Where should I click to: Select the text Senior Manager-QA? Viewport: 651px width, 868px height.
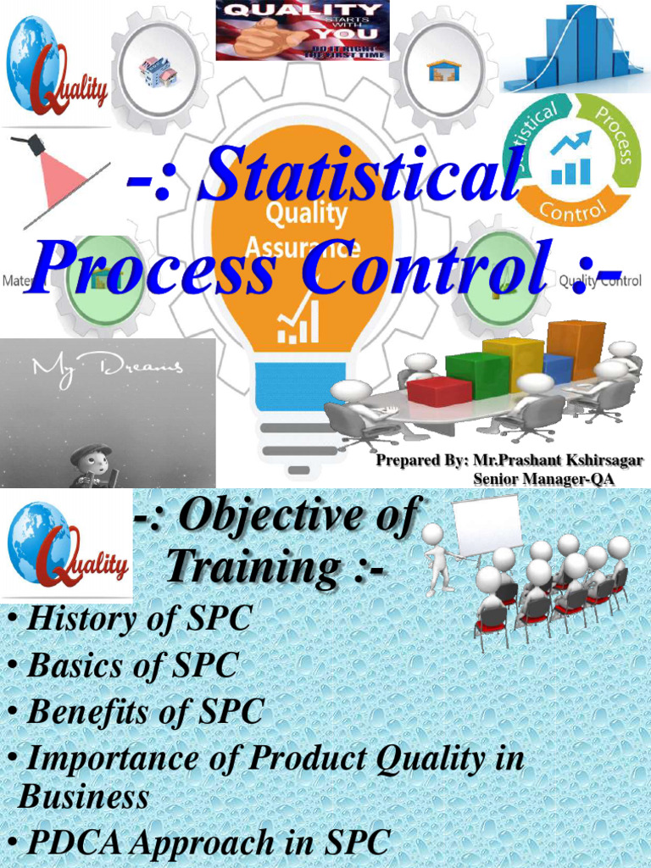click(543, 478)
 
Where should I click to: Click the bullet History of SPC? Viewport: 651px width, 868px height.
click(138, 619)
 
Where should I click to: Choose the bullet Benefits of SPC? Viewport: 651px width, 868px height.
click(145, 711)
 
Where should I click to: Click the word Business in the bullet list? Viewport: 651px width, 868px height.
click(83, 797)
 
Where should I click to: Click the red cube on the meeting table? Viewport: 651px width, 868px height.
click(438, 391)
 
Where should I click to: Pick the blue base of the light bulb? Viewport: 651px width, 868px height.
click(300, 386)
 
